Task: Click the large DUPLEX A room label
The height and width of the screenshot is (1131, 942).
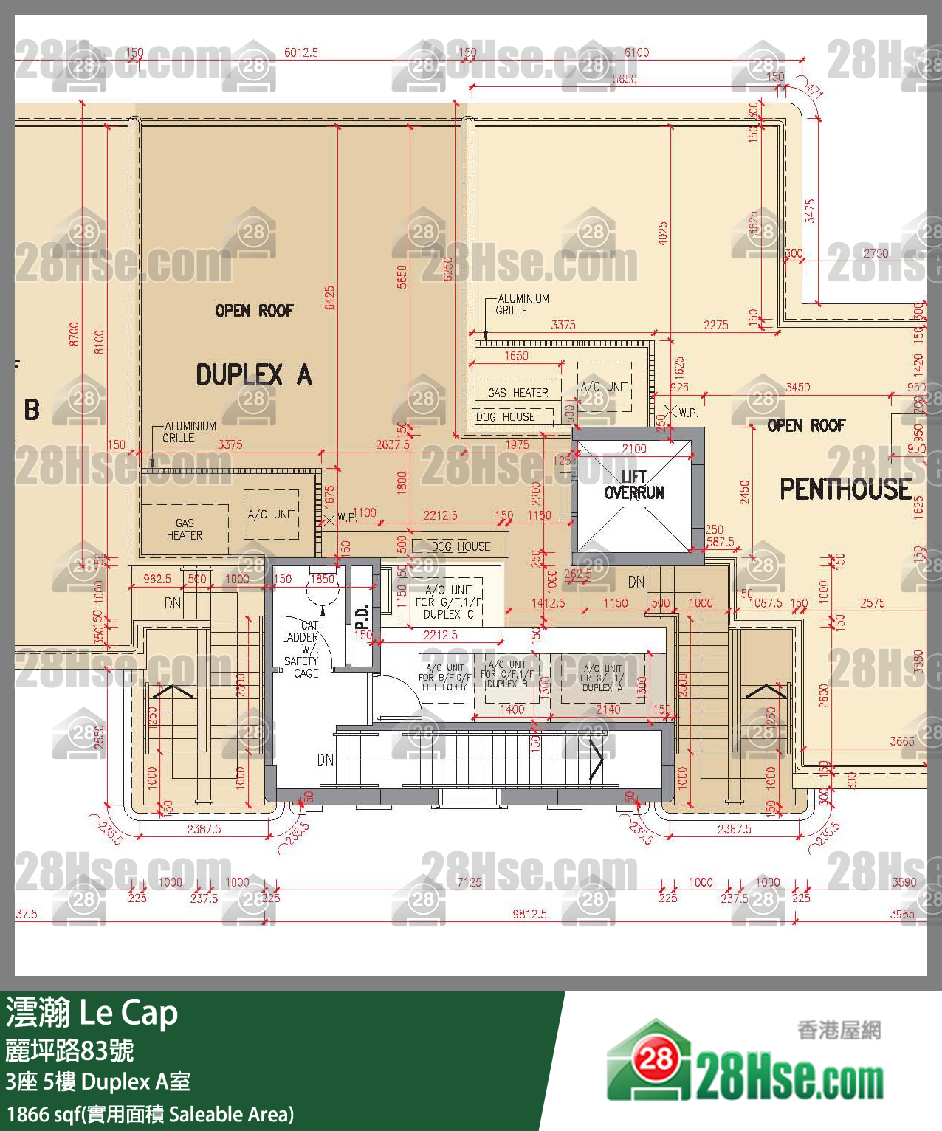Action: [253, 375]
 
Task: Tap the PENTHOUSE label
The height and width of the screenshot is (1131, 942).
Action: [845, 489]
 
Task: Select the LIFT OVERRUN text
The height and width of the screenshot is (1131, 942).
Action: [633, 484]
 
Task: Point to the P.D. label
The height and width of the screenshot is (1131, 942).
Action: [362, 615]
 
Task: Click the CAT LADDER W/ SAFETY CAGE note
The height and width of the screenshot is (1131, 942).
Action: [302, 650]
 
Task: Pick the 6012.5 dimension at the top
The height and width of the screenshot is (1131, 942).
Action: [300, 52]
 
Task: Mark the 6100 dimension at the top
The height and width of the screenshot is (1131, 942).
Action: [636, 52]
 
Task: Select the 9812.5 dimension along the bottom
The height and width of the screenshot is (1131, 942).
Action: [529, 914]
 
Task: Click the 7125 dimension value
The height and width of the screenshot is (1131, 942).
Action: [469, 881]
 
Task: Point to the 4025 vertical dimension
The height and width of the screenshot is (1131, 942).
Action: [662, 234]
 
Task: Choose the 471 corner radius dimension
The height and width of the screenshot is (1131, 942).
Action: [814, 90]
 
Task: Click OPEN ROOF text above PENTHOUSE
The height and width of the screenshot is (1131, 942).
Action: [805, 425]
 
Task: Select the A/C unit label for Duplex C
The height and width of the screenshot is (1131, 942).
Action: [448, 602]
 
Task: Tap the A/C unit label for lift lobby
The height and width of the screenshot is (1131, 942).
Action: [445, 677]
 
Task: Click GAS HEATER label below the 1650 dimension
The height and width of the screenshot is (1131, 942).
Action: [518, 393]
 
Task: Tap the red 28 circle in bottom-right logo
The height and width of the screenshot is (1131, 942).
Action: [654, 1059]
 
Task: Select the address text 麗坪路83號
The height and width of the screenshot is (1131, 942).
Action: [69, 1049]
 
